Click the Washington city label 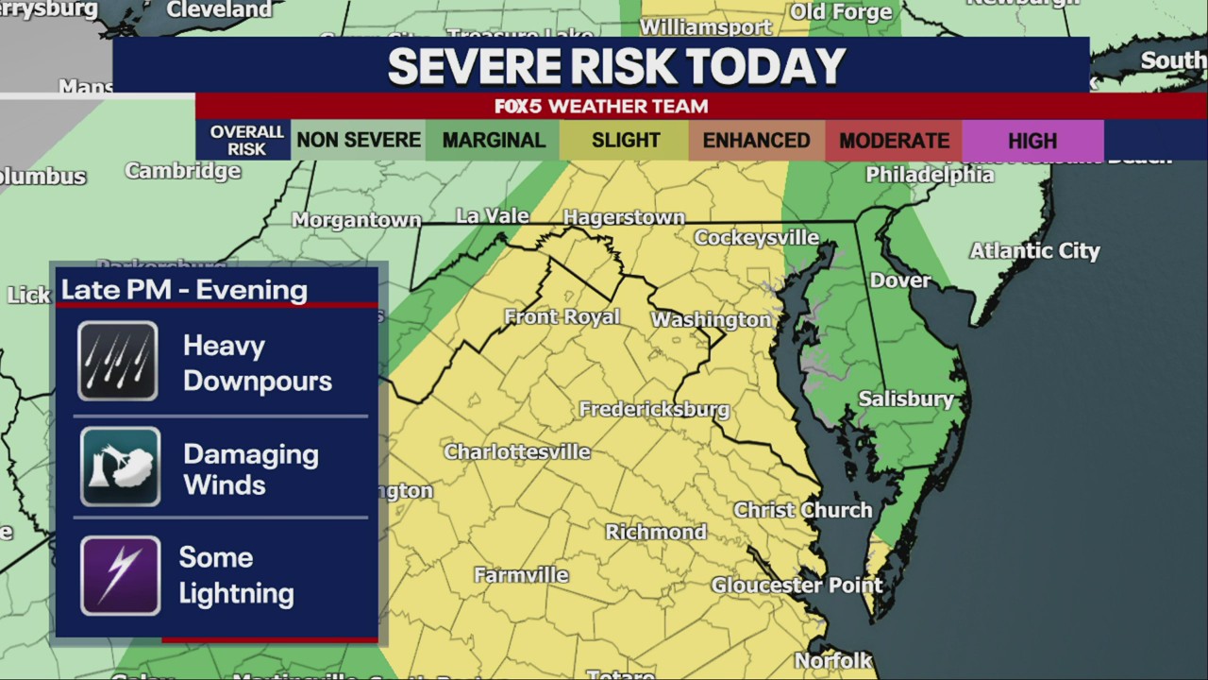pos(711,319)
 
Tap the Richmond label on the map pos(656,532)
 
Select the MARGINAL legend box pos(493,141)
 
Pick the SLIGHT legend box pos(625,141)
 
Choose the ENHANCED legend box pos(756,141)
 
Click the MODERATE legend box pos(894,141)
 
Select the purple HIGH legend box pos(1032,141)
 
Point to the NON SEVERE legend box pos(359,141)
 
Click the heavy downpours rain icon pos(118,361)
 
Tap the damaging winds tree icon pos(120,467)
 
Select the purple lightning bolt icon pos(120,575)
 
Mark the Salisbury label pos(905,399)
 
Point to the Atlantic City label pos(1034,250)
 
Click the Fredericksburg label pos(653,409)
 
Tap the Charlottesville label pos(517,451)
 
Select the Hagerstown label pos(624,217)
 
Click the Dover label pos(899,280)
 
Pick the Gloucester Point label pos(797,585)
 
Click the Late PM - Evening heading pos(184,290)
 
